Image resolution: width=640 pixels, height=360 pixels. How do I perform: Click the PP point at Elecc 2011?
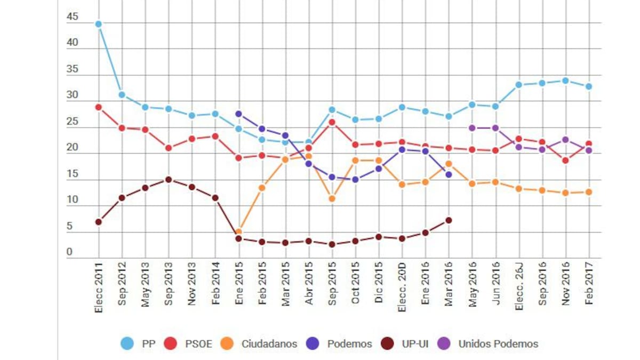coord(99,24)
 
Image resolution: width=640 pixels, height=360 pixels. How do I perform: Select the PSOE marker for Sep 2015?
coord(332,122)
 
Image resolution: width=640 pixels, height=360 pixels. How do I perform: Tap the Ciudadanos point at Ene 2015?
coord(238,232)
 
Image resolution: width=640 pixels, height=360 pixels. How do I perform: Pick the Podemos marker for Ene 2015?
coord(238,114)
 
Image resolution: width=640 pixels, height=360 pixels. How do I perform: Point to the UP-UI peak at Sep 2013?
coord(169,180)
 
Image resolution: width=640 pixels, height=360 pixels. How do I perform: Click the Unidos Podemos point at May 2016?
coord(472,128)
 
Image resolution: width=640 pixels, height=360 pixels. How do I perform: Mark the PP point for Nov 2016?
coord(565,81)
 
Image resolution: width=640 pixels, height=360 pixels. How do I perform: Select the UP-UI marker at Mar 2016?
coord(449,220)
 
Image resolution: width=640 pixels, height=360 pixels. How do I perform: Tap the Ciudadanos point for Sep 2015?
coord(332,199)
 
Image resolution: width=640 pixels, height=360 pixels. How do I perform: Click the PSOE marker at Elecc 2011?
coord(99,107)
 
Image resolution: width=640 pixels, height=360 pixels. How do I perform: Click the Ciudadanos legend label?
coord(269,344)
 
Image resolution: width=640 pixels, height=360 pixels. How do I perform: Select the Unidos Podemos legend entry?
coord(498,344)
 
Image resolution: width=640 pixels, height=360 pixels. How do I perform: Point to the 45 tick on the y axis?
coord(72,17)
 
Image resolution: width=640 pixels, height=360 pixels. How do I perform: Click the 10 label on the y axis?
coord(72,201)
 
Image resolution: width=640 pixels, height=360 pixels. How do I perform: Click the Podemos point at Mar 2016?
coord(449,174)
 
